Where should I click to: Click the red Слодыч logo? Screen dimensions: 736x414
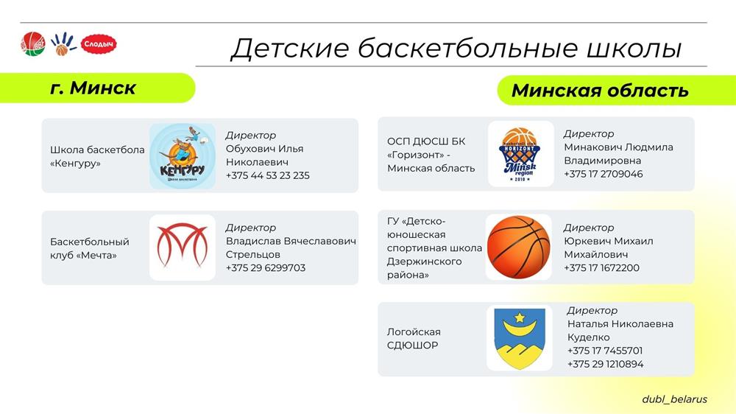pos(99,44)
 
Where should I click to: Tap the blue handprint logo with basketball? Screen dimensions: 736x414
pos(63,43)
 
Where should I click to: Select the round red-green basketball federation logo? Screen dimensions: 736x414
pos(33,44)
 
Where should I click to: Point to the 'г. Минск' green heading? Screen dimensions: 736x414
pos(93,88)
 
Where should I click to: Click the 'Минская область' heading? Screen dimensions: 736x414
pos(600,90)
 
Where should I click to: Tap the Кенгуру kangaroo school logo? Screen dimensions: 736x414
pos(183,156)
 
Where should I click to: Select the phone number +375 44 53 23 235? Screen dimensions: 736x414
pos(268,176)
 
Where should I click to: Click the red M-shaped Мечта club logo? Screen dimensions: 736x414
pos(183,246)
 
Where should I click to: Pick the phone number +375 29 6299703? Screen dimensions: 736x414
pos(266,268)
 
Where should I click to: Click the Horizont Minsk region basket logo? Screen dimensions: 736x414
pos(520,155)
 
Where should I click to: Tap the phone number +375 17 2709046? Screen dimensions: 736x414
pos(604,174)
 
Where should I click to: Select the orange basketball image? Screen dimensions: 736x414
pos(519,248)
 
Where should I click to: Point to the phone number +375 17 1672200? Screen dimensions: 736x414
pos(601,268)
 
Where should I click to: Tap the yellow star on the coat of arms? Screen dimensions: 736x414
pos(520,318)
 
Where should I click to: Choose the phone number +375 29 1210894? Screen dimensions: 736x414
pos(606,364)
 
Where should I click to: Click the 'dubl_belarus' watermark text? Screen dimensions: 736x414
pos(674,399)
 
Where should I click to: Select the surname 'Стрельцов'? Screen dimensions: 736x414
pos(253,254)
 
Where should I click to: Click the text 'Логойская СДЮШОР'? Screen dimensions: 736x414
pos(414,338)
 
